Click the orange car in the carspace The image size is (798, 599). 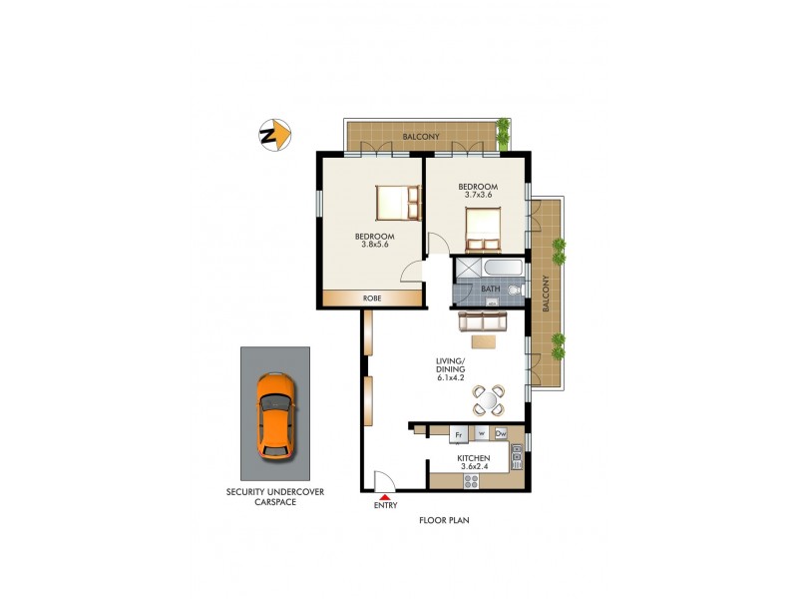275,415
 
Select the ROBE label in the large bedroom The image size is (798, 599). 371,298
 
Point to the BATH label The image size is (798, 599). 490,290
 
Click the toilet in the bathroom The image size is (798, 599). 515,290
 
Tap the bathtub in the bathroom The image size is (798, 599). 497,269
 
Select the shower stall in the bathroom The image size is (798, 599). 465,269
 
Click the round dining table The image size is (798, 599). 490,400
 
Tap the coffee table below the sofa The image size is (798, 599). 484,342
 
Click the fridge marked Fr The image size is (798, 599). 459,434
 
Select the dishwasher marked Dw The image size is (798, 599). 502,434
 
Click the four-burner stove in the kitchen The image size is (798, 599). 471,480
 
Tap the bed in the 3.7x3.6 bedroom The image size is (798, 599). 483,229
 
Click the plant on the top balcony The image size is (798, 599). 504,130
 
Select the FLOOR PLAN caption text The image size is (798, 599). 445,520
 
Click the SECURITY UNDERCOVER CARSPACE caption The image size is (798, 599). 275,497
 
